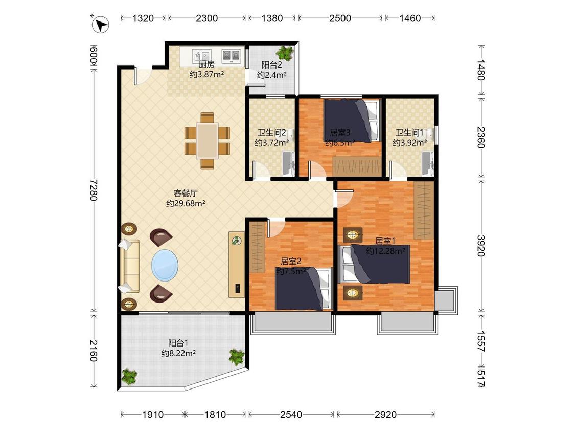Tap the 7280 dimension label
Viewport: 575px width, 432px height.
(94, 189)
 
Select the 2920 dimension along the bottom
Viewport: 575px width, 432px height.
(385, 415)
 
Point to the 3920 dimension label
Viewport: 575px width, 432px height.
(481, 246)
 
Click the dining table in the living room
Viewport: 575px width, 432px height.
(207, 140)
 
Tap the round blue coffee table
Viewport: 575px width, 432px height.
(165, 265)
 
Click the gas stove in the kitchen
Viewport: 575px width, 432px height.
(231, 55)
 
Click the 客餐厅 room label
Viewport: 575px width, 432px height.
(186, 193)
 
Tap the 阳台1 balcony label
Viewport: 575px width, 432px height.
(178, 343)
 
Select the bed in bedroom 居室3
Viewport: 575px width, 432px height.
(351, 120)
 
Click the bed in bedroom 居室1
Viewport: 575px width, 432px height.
(374, 264)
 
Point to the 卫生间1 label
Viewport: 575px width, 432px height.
(409, 132)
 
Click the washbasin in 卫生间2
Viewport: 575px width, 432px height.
(289, 164)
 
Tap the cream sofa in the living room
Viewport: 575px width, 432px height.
(129, 266)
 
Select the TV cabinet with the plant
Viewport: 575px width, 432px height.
(237, 264)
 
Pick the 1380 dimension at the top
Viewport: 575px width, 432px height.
(272, 18)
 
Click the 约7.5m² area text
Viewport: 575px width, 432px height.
(291, 271)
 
